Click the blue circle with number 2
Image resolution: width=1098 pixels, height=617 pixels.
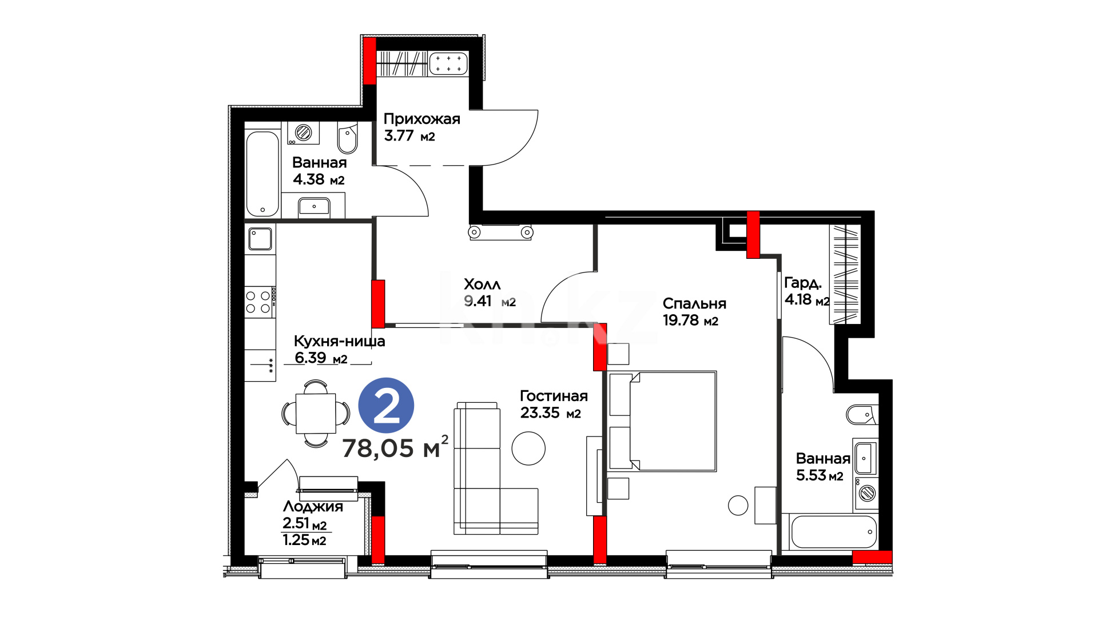(x=386, y=406)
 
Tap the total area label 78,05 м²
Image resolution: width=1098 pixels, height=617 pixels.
(x=395, y=447)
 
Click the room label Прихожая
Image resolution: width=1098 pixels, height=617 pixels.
(x=421, y=119)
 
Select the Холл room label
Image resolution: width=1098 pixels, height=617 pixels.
(x=482, y=284)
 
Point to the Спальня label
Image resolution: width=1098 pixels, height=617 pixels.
(x=694, y=303)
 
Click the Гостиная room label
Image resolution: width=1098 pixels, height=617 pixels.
(x=554, y=396)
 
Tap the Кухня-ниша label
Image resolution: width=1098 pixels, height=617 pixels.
(x=339, y=341)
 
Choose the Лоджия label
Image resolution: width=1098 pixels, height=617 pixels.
(x=313, y=507)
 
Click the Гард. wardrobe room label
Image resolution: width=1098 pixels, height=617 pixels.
(x=803, y=283)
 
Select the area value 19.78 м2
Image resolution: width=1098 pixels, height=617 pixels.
(x=690, y=320)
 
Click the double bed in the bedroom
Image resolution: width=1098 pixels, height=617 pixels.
(x=663, y=421)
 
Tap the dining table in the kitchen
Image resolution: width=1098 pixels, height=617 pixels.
(x=316, y=413)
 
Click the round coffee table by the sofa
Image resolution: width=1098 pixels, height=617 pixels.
(x=528, y=448)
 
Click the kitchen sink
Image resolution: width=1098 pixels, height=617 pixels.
(x=260, y=239)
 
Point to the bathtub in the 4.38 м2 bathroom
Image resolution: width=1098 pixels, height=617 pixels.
(x=262, y=174)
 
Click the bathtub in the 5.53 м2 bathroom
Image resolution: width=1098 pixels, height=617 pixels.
(x=834, y=532)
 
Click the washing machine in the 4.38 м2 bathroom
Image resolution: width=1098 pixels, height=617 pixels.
(x=303, y=133)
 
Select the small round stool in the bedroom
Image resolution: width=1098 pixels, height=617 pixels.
(x=738, y=505)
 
